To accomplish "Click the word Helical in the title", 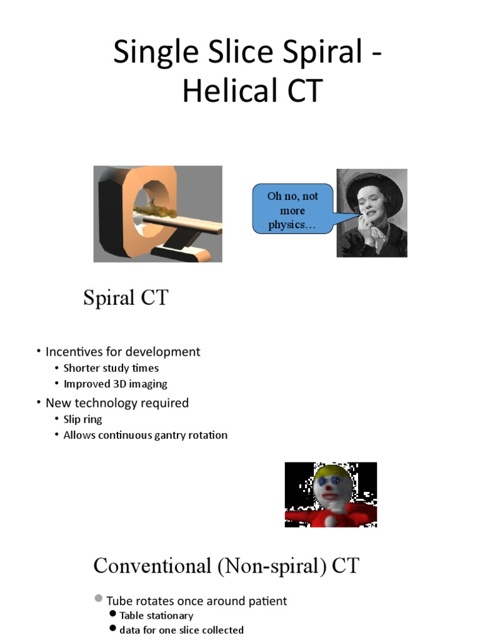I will pos(231,91).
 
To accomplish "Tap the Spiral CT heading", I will pos(126,298).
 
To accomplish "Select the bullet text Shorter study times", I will pos(111,368).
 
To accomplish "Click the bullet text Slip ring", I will pos(82,419).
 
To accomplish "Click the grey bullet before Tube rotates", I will pos(99,599).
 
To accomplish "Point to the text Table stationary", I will pos(156,616).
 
